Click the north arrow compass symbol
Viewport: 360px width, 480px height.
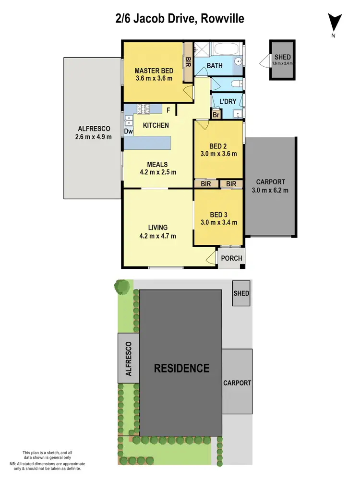click(x=334, y=23)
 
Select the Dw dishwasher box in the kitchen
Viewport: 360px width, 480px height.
click(x=128, y=131)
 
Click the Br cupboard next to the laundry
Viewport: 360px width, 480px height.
click(x=216, y=115)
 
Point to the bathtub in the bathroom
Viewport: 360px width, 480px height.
click(x=228, y=49)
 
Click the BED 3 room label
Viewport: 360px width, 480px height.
click(x=217, y=215)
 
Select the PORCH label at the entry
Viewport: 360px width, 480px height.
click(x=231, y=258)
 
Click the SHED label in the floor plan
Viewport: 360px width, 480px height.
click(x=282, y=57)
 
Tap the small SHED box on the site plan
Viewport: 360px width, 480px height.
click(x=241, y=293)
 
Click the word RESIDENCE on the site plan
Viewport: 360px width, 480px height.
click(x=181, y=368)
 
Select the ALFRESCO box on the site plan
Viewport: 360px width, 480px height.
click(x=129, y=359)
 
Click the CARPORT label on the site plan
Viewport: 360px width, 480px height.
click(x=237, y=383)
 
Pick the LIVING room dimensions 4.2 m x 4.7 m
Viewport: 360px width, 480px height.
click(x=157, y=236)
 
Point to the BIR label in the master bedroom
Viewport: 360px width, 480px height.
click(x=188, y=62)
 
